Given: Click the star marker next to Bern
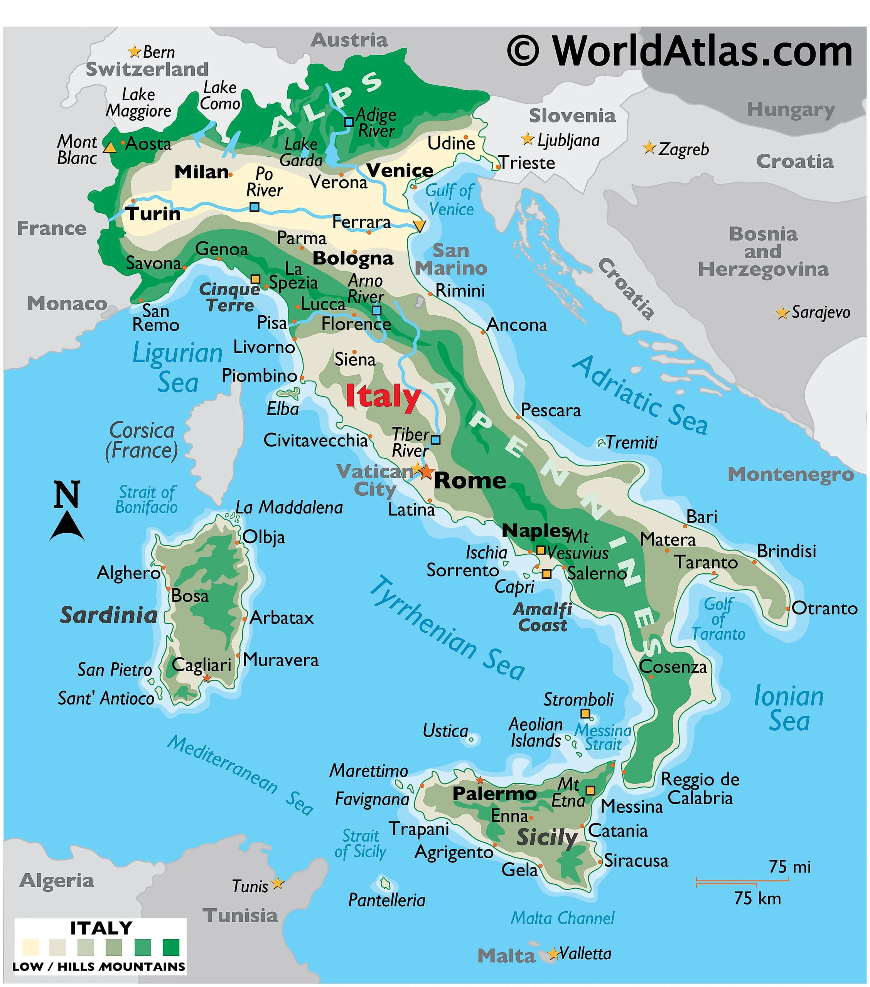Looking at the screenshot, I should [x=134, y=51].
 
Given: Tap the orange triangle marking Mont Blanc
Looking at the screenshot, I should [x=110, y=147].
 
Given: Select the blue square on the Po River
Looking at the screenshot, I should [x=254, y=207].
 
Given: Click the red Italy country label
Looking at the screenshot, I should [x=383, y=397].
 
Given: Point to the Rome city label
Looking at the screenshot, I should [x=470, y=480].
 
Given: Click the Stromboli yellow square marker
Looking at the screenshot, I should [x=585, y=714].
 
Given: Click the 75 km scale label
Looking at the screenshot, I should [x=757, y=898].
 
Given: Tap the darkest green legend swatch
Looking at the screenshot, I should [x=171, y=947].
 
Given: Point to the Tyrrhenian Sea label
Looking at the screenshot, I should [x=447, y=628].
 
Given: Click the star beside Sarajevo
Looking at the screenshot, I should [x=782, y=313].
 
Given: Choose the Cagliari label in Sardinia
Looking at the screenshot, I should [x=201, y=665].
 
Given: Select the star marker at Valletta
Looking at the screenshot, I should [x=553, y=954].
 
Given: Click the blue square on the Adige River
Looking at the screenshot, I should [x=349, y=122].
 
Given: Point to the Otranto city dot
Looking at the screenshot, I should [x=787, y=608].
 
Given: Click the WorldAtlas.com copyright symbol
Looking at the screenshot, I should [x=523, y=51].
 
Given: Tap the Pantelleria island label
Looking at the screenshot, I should [x=386, y=900].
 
